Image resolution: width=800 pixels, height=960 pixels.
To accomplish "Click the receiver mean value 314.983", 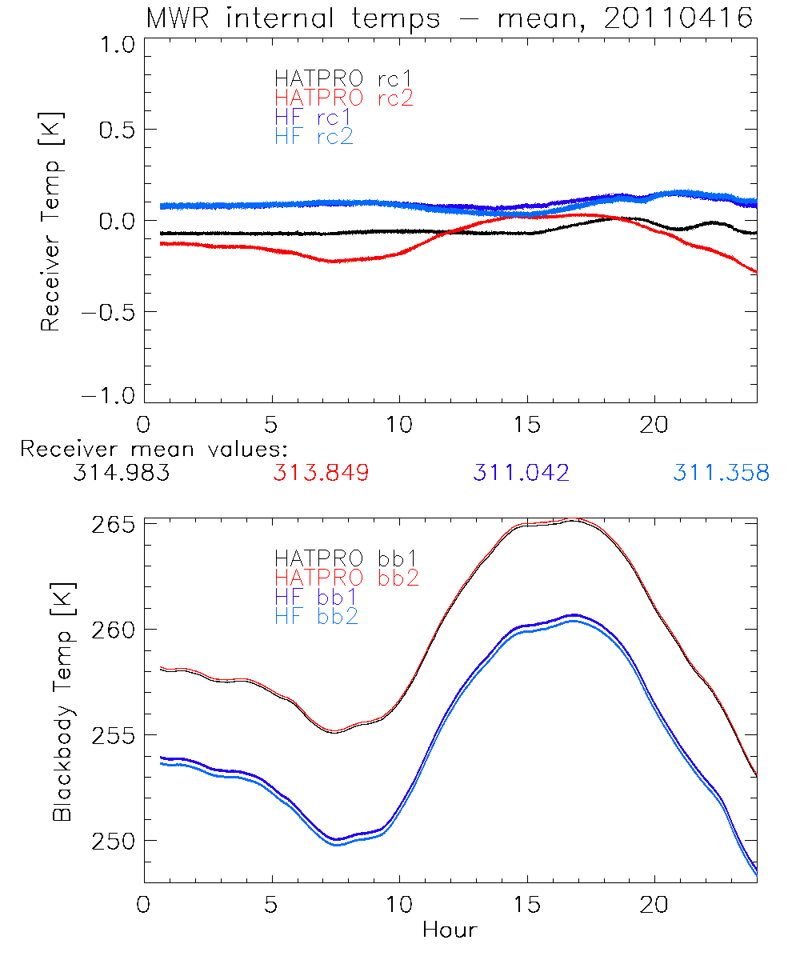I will tap(121, 473).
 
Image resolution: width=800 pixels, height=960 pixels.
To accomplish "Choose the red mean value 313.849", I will tap(321, 473).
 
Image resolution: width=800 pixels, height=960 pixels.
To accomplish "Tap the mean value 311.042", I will tap(521, 473).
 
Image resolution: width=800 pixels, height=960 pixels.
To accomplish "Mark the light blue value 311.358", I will tap(721, 473).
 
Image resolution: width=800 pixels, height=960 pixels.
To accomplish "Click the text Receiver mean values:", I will tap(154, 449).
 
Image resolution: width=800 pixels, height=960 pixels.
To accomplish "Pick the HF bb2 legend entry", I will tap(316, 616).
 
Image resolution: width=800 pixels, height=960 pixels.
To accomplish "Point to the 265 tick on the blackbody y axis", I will tap(113, 525).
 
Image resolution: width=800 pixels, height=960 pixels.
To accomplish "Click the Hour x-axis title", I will tap(450, 930).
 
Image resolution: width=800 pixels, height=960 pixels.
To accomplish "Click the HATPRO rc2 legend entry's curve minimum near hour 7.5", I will tap(333, 262).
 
